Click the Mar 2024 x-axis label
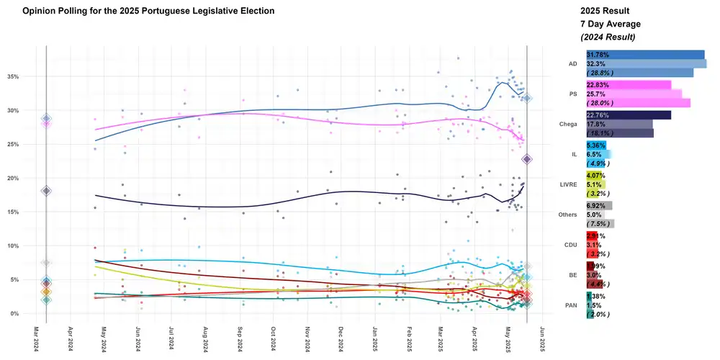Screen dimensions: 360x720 click(37, 339)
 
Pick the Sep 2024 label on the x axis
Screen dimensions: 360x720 click(240, 339)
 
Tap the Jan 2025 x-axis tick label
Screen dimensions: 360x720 click(374, 339)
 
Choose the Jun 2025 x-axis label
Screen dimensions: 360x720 click(542, 339)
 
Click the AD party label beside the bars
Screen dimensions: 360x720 click(573, 63)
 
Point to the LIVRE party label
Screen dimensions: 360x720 click(569, 185)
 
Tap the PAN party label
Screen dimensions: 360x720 click(572, 305)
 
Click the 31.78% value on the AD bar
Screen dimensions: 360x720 click(600, 55)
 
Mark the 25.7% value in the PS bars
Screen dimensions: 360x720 click(599, 94)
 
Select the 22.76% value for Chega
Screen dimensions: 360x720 click(600, 115)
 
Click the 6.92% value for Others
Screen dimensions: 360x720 click(598, 205)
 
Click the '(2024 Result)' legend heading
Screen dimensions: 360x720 click(608, 37)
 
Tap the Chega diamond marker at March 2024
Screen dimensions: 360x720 click(46, 191)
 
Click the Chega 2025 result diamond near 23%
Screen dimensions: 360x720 click(527, 159)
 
